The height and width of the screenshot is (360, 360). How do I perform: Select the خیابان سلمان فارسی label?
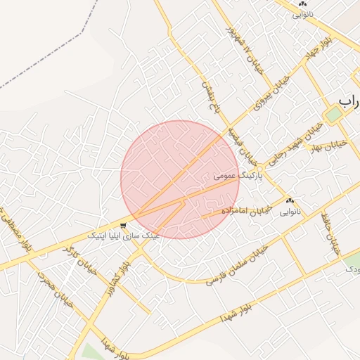[x=237, y=264]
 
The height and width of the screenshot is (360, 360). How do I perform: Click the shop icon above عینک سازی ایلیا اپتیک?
[x=124, y=226]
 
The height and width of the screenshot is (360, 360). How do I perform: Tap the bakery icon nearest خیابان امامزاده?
[x=290, y=201]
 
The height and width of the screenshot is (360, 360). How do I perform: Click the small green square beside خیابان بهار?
[x=333, y=115]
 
